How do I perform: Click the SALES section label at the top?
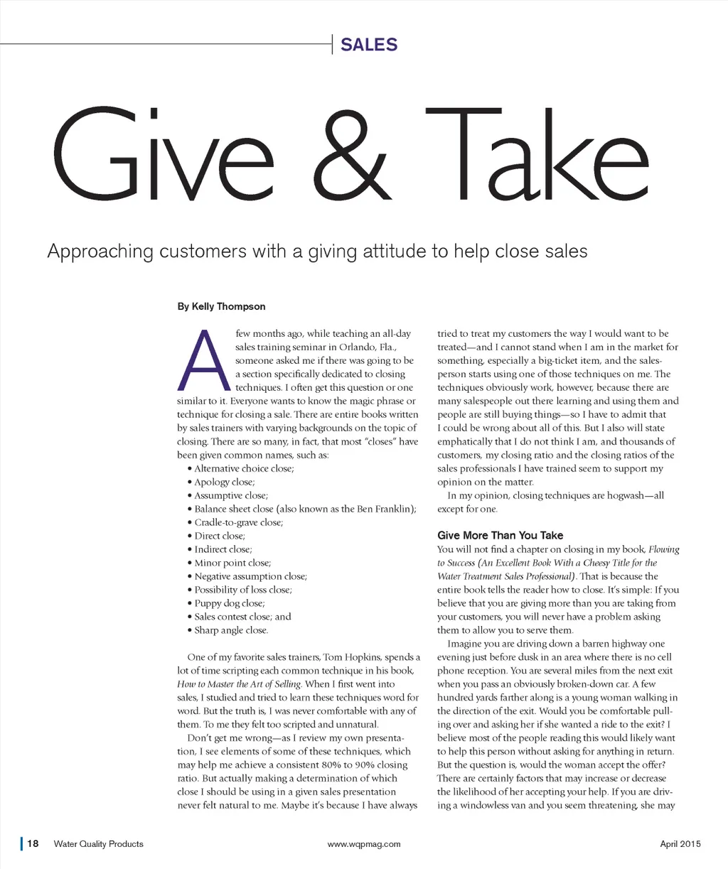click(x=369, y=45)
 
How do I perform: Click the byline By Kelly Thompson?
click(x=221, y=306)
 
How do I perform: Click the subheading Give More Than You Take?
click(x=500, y=535)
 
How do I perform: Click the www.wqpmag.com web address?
click(x=364, y=844)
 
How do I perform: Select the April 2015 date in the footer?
click(x=680, y=844)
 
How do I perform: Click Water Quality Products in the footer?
click(x=98, y=844)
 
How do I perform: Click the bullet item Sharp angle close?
click(x=231, y=630)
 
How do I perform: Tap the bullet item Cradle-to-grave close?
click(x=238, y=522)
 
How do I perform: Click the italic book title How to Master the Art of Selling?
click(x=239, y=684)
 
